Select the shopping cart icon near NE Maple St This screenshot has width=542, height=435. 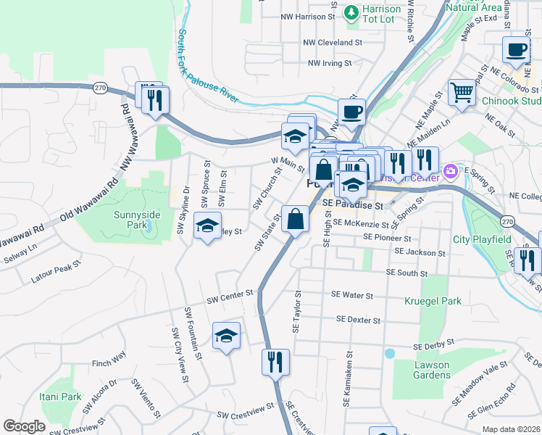point(461,93)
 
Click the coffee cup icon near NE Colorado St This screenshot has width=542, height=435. point(516,50)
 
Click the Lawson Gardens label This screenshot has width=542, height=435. point(431,370)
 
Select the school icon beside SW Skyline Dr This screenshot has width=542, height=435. point(207,228)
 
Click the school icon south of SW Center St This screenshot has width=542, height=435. point(227,336)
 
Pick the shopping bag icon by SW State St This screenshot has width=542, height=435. point(296,219)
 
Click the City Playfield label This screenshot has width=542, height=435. point(482,239)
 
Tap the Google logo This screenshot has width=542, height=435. point(24,426)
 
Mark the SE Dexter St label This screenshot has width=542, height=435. point(358,320)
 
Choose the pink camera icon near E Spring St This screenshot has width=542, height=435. point(451,171)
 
